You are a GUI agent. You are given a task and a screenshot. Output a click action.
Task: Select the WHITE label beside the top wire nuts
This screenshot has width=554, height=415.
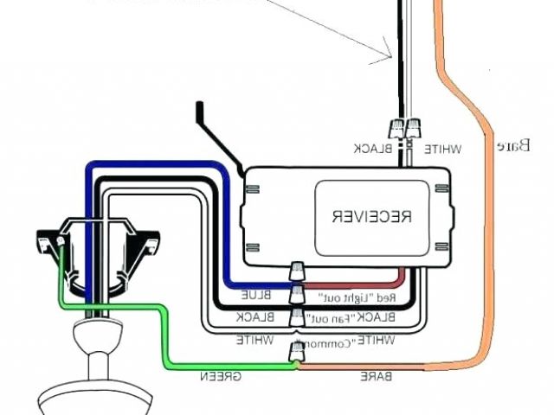pos(443,149)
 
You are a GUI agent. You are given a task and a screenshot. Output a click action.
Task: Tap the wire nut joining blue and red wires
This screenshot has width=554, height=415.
pos(298,271)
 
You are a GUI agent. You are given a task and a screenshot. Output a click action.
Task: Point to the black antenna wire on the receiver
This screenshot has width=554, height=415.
pos(216,138)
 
